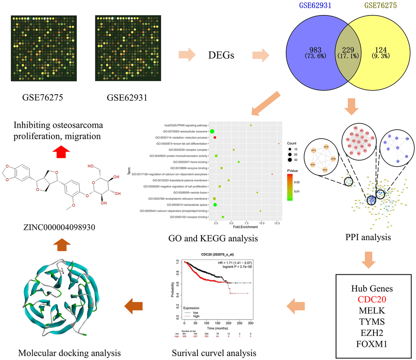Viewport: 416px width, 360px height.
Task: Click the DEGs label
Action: tap(221, 55)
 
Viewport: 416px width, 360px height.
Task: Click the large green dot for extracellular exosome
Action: tap(212, 131)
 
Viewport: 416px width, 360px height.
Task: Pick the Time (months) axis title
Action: tap(217, 327)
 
